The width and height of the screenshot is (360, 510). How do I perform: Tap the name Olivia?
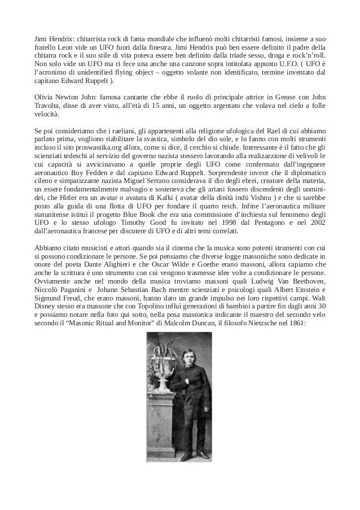(x=44, y=97)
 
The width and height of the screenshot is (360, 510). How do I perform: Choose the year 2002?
(x=315, y=223)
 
